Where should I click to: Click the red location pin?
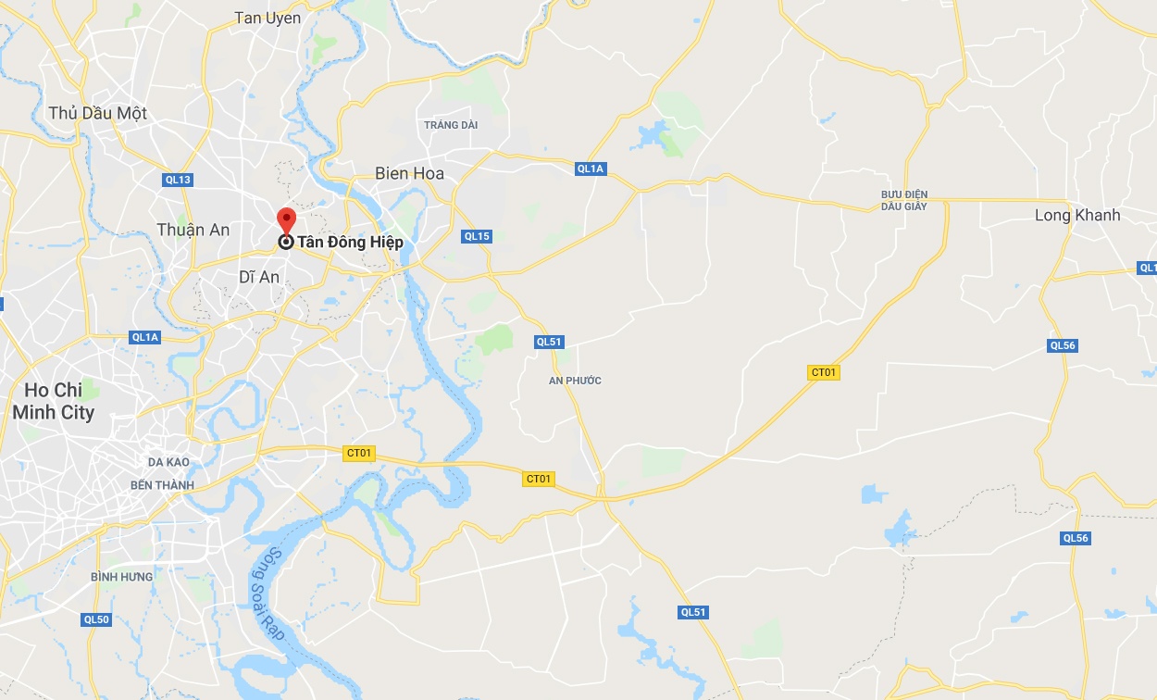pyautogui.click(x=286, y=220)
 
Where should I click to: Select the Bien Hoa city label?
pyautogui.click(x=409, y=173)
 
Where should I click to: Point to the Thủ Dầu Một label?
pyautogui.click(x=97, y=113)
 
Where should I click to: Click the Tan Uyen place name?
pyautogui.click(x=267, y=18)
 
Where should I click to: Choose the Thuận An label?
pyautogui.click(x=193, y=230)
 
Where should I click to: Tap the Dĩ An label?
pyautogui.click(x=259, y=277)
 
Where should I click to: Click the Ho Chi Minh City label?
pyautogui.click(x=54, y=401)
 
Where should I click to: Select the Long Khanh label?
pyautogui.click(x=1077, y=215)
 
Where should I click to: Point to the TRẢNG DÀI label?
pyautogui.click(x=451, y=125)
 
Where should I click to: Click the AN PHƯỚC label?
pyautogui.click(x=575, y=381)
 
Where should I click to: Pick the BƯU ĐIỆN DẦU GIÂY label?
pyautogui.click(x=904, y=200)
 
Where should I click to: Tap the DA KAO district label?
pyautogui.click(x=168, y=461)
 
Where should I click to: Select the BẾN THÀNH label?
pyautogui.click(x=163, y=485)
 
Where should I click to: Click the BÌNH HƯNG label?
pyautogui.click(x=122, y=577)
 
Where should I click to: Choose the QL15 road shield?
pyautogui.click(x=477, y=236)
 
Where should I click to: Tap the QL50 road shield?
pyautogui.click(x=96, y=619)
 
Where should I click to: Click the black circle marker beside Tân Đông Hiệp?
pyautogui.click(x=286, y=242)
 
